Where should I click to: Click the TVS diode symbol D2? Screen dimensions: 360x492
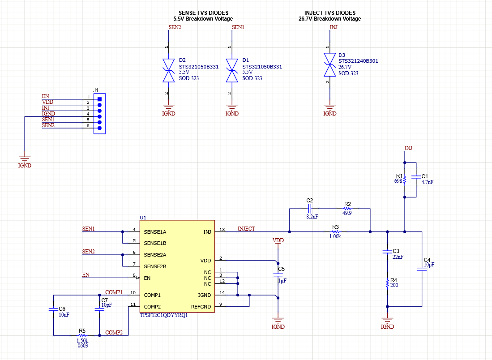168,71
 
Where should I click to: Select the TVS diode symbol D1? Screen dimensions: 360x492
231,71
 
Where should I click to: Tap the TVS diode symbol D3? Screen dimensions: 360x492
330,65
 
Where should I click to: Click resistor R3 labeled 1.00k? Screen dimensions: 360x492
336,231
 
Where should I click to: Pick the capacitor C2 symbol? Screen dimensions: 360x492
310,209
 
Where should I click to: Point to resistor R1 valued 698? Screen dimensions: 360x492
405,180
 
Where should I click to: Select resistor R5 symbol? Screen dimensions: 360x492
82,335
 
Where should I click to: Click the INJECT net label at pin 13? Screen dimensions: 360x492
246,229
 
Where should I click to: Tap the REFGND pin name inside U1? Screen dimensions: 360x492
201,307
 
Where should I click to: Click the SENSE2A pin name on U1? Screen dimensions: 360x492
155,255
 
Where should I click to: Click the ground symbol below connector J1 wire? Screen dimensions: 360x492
25,159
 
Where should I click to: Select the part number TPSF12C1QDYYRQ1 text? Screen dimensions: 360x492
163,315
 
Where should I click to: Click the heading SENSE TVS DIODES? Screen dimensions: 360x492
203,13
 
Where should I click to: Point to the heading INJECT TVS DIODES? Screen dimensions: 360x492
329,13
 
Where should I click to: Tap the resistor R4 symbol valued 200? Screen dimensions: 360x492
387,284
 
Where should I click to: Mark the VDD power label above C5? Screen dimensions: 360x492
278,241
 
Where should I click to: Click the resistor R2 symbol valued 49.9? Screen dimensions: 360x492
347,209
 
